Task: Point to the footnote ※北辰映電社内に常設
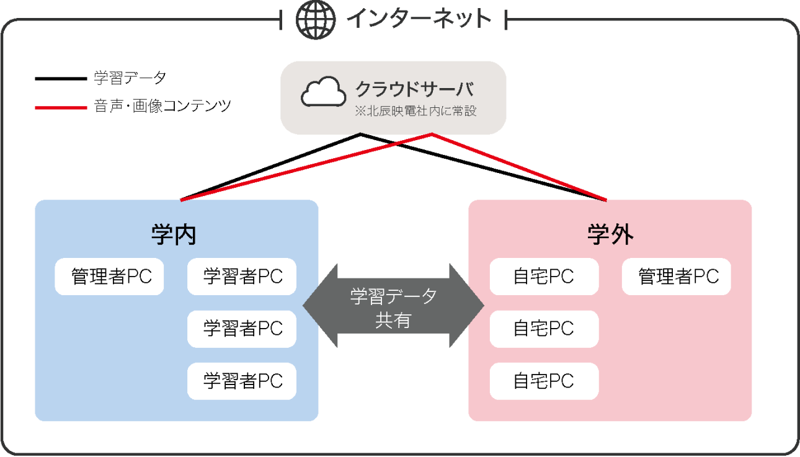tap(415, 112)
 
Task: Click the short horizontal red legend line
tap(61, 108)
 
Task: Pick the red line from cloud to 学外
tap(520, 167)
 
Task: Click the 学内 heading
tap(174, 235)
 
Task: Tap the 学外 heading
tap(610, 235)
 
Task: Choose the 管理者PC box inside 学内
tap(110, 277)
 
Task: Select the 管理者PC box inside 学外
tap(677, 277)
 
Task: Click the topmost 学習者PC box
tap(242, 277)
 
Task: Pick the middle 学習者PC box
tap(242, 329)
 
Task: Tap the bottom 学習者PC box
tap(242, 381)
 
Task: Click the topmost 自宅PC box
tap(544, 277)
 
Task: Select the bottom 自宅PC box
tap(544, 381)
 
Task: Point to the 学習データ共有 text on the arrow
tap(393, 308)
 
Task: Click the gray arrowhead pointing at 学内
tap(318, 305)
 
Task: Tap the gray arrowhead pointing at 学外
tap(469, 305)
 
